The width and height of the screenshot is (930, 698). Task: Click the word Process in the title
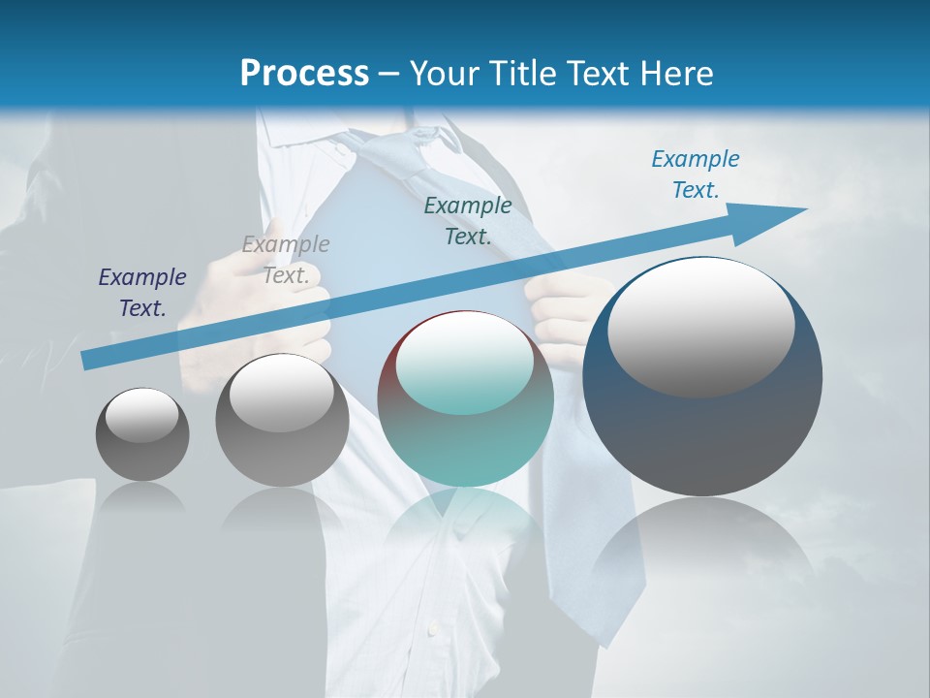click(x=304, y=73)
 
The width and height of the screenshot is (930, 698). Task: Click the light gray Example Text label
click(x=286, y=260)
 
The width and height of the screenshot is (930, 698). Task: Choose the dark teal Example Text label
click(x=468, y=220)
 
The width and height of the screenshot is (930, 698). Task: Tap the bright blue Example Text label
click(x=696, y=174)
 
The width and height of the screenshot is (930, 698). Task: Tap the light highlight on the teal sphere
click(x=465, y=364)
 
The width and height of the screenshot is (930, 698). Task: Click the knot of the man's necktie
click(x=407, y=155)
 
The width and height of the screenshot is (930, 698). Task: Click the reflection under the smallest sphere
click(x=142, y=496)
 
